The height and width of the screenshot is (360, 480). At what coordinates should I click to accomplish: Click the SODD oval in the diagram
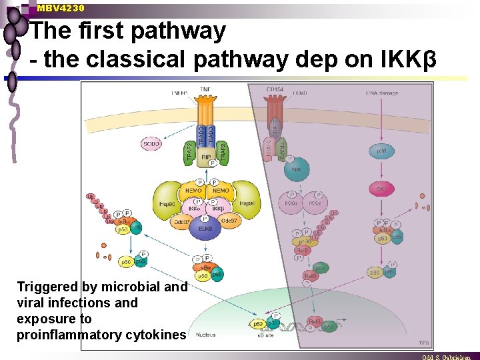[152, 143]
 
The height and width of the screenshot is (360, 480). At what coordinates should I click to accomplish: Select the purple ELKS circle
[205, 228]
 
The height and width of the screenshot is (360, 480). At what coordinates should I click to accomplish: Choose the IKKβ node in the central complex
[217, 209]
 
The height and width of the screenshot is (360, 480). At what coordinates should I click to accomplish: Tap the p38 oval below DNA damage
[382, 153]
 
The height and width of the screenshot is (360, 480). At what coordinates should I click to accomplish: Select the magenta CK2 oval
[382, 190]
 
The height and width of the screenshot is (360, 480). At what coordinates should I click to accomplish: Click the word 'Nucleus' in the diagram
[206, 335]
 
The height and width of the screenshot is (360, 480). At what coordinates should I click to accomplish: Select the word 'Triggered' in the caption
[47, 287]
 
